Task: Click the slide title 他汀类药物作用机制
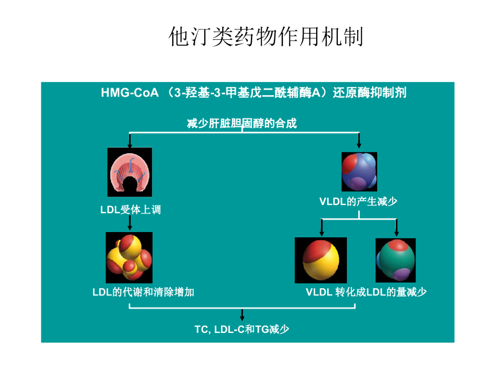pos(266,37)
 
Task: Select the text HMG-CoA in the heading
pos(129,93)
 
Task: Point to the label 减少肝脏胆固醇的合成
pos(242,123)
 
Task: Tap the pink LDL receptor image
pos(130,172)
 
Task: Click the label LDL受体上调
pos(130,209)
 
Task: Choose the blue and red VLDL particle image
pos(359,172)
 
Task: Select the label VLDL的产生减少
pos(358,202)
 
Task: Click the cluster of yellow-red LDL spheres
pos(129,257)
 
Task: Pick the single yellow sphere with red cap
pos(320,260)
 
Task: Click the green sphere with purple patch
pos(395,260)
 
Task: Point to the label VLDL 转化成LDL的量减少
pos(366,292)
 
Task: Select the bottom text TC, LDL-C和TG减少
pos(242,329)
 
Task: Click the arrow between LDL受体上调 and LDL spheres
pos(130,223)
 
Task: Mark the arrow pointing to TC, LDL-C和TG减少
pos(242,315)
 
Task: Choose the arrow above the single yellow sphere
pos(321,228)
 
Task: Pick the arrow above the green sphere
pos(396,228)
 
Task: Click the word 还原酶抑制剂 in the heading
pos(370,93)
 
